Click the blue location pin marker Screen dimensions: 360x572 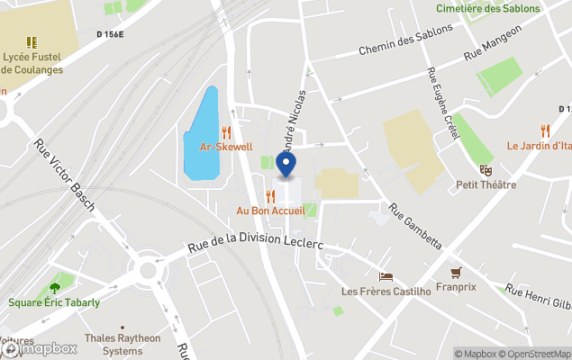point(286,166)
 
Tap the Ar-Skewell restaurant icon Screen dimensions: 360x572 point(226,131)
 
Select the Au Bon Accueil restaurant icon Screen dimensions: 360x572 point(270,195)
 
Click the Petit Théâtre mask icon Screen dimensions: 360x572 point(486,170)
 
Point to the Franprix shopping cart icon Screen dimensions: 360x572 point(456,272)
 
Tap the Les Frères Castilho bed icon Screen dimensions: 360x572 point(386,276)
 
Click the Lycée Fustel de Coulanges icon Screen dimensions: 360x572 point(32,41)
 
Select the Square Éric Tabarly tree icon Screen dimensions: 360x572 point(55,288)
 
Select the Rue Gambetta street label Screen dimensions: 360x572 point(415,226)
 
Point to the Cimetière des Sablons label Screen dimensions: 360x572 point(487,8)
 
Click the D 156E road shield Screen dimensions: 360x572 point(110,34)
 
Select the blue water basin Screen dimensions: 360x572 point(202,135)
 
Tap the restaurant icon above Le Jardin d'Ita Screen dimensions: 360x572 point(545,130)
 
